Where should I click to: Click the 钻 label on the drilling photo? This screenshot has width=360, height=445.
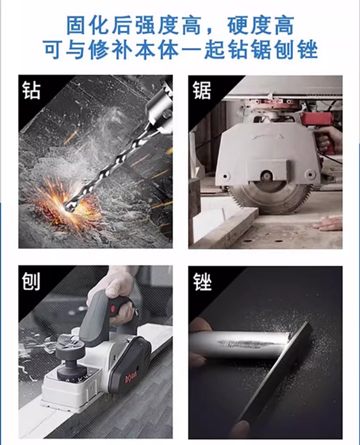tap(31, 91)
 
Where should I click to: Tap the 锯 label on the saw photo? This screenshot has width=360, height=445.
tap(202, 91)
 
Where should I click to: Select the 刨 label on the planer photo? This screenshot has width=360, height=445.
tap(31, 281)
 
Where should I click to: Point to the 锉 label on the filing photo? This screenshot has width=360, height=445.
tap(202, 282)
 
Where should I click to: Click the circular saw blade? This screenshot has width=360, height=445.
tap(269, 196)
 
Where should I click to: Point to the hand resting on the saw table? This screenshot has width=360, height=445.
tap(328, 223)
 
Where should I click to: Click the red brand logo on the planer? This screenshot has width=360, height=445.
tap(132, 377)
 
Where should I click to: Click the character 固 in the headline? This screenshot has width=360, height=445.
tap(77, 26)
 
